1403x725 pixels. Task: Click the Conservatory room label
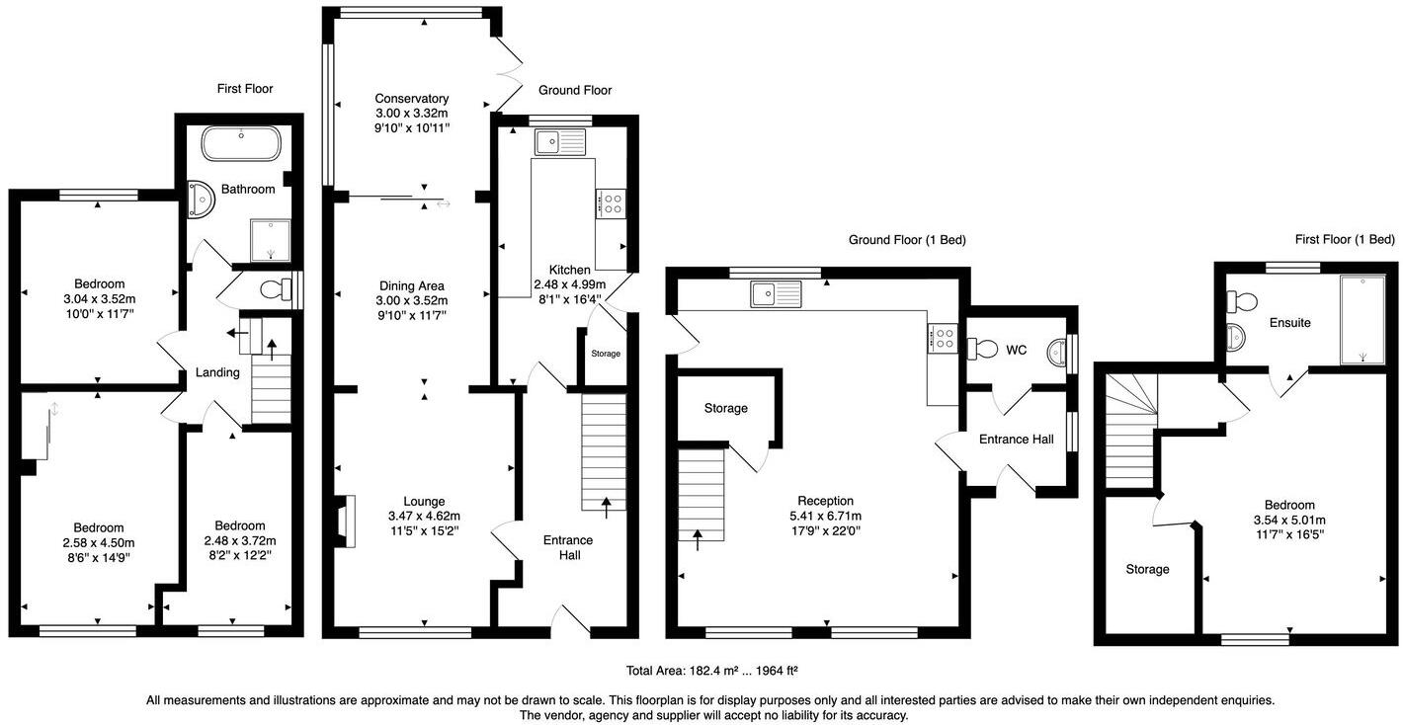(x=411, y=99)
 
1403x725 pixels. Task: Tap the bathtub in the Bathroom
(x=242, y=144)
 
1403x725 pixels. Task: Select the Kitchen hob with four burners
(x=611, y=203)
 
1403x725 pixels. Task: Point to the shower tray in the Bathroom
(x=273, y=242)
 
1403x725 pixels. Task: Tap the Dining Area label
(x=411, y=286)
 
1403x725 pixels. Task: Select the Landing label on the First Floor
(x=217, y=372)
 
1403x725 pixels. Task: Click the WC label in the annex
(x=1017, y=350)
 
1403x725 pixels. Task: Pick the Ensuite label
(x=1289, y=322)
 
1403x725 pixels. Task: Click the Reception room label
(x=826, y=501)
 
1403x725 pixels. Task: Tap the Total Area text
(x=711, y=672)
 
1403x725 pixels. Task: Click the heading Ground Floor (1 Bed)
(x=907, y=240)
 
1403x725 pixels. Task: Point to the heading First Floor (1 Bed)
(x=1345, y=239)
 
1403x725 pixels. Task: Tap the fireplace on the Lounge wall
(x=343, y=521)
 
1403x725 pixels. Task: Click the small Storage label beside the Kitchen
(x=606, y=354)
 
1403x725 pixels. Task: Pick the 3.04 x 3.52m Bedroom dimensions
(x=98, y=299)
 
